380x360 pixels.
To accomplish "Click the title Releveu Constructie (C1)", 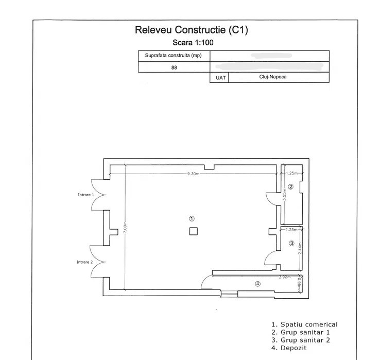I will (191, 30).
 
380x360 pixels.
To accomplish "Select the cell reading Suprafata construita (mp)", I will (174, 56).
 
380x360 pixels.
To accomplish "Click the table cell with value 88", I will (174, 67).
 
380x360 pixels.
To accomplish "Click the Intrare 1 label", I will (85, 195).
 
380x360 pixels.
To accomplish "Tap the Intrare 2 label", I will (84, 262).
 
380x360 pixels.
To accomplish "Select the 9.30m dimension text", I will (194, 174).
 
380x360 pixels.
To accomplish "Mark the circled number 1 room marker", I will (192, 219).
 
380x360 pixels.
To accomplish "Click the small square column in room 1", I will (193, 231).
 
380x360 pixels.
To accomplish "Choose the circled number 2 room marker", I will (290, 187).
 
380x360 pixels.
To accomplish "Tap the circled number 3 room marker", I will (291, 244).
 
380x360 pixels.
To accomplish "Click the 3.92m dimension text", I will (284, 277).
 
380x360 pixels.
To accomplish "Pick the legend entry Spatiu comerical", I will (304, 324).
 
